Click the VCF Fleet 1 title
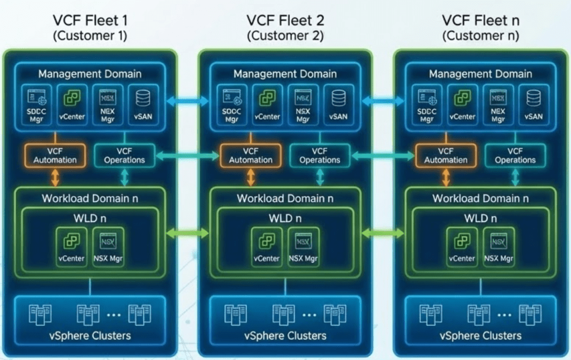point(90,21)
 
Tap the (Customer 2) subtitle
point(285,36)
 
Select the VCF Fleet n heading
point(481,21)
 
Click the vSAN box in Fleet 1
point(143,103)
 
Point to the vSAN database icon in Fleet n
point(534,98)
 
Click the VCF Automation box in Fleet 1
point(55,155)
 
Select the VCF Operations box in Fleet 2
point(320,155)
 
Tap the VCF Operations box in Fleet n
point(515,155)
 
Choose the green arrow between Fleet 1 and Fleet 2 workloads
point(187,232)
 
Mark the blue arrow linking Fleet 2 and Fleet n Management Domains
point(383,101)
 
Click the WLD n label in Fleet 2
point(285,218)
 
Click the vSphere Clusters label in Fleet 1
point(90,335)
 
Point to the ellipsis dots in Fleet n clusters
point(504,314)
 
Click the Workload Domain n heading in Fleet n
point(481,198)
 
